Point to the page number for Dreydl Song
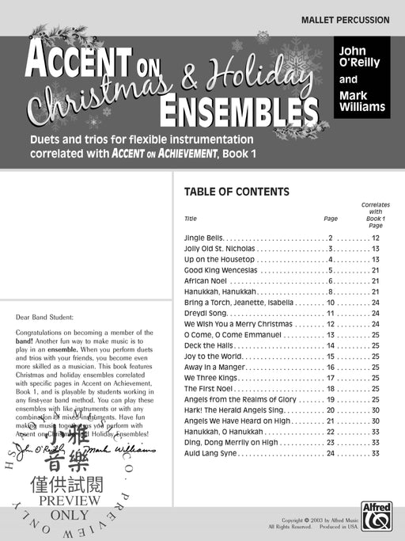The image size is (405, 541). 331,313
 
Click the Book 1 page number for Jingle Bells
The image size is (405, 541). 376,238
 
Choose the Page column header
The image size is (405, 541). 330,218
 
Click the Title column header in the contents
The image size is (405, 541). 190,218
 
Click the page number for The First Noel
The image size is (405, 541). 331,389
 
